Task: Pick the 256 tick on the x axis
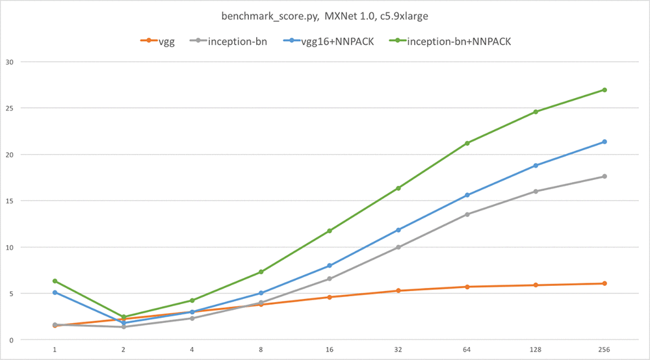(604, 350)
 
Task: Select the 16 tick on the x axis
(330, 350)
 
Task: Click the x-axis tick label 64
(467, 350)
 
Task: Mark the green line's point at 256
(604, 90)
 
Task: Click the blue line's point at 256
(604, 142)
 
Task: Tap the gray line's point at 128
(536, 191)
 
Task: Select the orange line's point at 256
(604, 283)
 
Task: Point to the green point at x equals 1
(55, 281)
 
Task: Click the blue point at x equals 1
(55, 292)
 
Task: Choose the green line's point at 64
(467, 143)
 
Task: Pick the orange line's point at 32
(398, 290)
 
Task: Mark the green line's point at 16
(330, 231)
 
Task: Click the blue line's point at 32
(398, 230)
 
